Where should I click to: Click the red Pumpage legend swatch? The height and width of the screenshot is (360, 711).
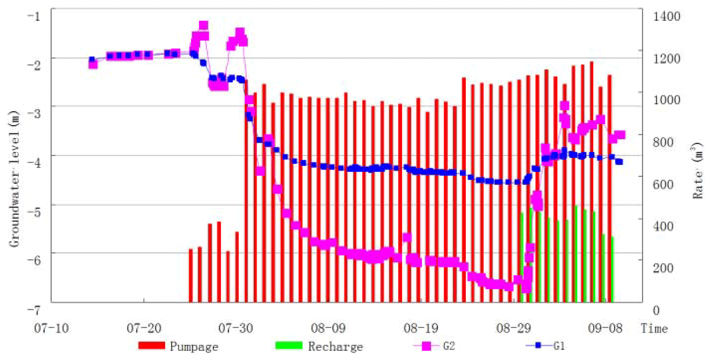coord(152,345)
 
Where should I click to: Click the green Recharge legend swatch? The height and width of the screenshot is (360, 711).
coord(289,345)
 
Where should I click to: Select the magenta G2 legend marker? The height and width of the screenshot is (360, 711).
coord(427,346)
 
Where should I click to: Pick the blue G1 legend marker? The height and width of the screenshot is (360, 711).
coord(538,345)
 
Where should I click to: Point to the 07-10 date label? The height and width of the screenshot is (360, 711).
coord(51,328)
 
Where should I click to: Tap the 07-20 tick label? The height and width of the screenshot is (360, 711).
coord(144,328)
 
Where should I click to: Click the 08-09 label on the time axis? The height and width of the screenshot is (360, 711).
coord(328,328)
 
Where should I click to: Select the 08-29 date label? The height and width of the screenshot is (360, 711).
coord(513,328)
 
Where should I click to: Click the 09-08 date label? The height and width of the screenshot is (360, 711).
coord(605,328)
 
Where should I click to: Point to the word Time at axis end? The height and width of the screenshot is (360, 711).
coord(654,328)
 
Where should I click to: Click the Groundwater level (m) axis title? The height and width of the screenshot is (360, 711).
coord(14,179)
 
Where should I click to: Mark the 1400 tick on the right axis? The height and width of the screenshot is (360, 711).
coord(666,16)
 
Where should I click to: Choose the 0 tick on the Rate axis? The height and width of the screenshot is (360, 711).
coord(656,310)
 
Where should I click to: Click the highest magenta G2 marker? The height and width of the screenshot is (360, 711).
coord(203,25)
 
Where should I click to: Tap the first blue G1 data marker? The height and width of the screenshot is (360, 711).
coord(92,59)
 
